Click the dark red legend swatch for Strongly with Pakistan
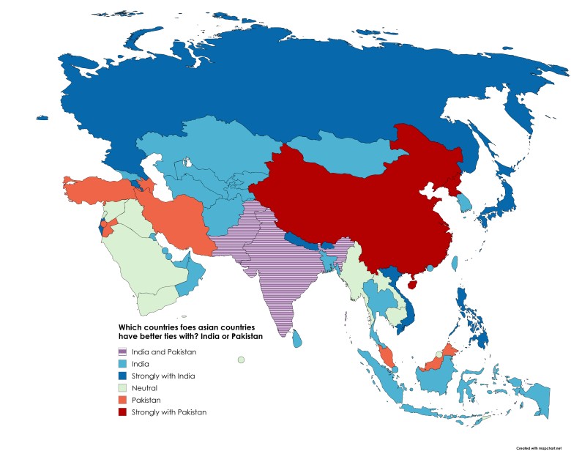point(123,412)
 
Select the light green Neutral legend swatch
point(123,388)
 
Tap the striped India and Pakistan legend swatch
point(123,351)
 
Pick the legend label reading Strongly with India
point(163,376)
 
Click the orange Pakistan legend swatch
point(123,401)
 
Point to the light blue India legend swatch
point(123,364)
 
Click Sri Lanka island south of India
point(297,339)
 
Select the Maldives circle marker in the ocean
point(241,359)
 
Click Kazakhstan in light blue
point(205,157)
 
